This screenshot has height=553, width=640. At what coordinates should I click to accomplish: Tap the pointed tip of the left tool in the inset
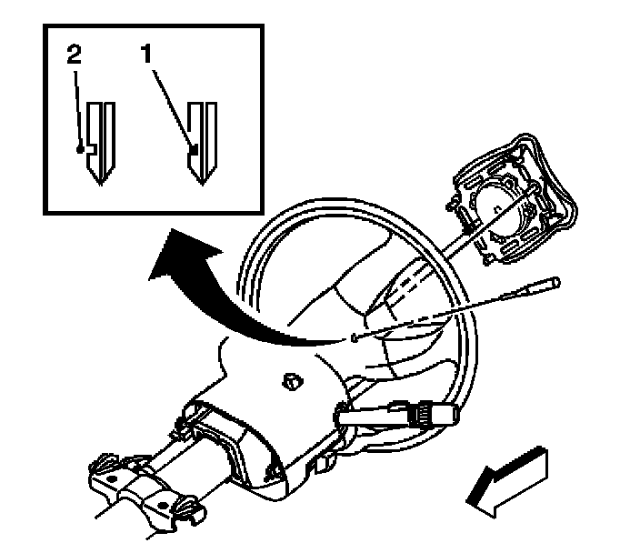tap(102, 183)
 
